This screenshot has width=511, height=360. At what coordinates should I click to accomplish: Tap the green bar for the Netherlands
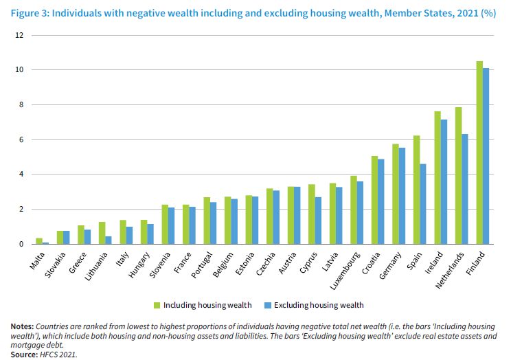pyautogui.click(x=458, y=175)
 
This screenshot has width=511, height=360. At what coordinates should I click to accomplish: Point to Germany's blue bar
pyautogui.click(x=402, y=196)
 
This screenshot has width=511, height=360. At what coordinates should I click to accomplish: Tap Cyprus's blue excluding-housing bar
pyautogui.click(x=319, y=221)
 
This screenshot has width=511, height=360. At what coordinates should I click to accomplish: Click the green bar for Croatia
pyautogui.click(x=374, y=200)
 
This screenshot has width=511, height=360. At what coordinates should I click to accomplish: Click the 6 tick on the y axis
pyautogui.click(x=21, y=139)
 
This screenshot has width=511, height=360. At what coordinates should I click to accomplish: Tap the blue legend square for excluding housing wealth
pyautogui.click(x=268, y=304)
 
